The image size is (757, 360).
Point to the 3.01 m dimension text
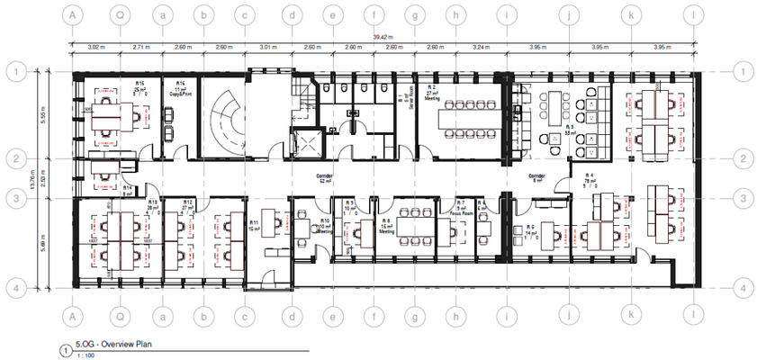(266, 46)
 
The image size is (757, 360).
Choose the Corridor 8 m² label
(538, 178)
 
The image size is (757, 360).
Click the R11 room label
(255, 225)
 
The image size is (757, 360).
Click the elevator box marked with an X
(297, 141)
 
